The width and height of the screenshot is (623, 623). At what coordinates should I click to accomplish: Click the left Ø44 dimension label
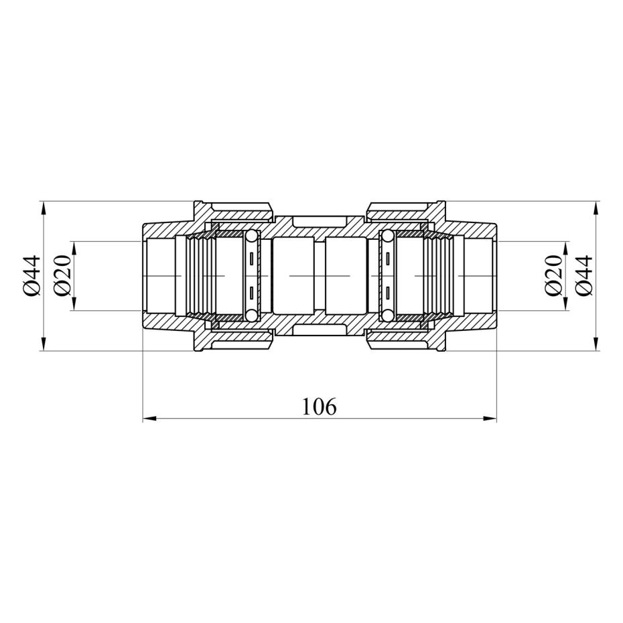31,276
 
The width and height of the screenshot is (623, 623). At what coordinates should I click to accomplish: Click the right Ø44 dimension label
583,276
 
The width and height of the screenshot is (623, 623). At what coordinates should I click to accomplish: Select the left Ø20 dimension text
62,276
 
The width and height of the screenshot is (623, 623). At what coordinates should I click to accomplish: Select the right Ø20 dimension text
553,276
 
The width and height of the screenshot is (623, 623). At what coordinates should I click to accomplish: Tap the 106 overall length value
319,407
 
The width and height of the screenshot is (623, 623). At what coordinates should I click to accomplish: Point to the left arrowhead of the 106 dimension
149,418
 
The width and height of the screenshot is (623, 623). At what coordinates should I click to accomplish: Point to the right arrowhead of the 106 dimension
490,418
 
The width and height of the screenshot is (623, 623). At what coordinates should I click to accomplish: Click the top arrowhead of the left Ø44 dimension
44,208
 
